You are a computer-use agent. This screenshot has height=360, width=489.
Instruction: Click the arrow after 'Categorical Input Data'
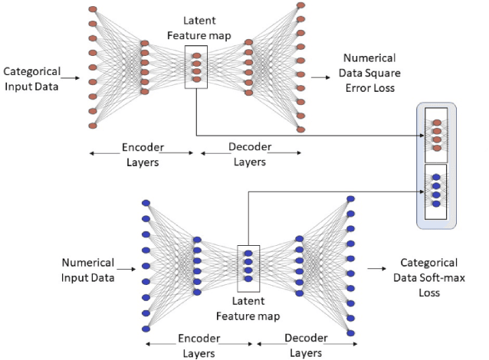(x=71, y=77)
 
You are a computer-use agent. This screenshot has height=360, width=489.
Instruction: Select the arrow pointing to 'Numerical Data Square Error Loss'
(x=317, y=76)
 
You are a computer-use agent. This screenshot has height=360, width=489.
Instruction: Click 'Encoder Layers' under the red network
(x=142, y=155)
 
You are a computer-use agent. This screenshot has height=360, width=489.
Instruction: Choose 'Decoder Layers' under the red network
(x=249, y=155)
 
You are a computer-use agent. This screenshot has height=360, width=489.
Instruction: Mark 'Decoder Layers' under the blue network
(x=306, y=345)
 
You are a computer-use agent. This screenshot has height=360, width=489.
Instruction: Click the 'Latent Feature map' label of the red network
(x=196, y=29)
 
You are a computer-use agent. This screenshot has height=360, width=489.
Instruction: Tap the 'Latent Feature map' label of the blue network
(x=248, y=308)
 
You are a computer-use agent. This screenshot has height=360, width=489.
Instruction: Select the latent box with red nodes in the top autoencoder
(x=196, y=65)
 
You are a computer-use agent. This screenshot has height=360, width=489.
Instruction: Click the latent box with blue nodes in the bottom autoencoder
(x=249, y=265)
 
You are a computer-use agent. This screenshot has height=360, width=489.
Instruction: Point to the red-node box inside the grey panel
(x=436, y=134)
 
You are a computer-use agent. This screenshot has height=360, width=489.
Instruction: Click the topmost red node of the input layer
(x=93, y=10)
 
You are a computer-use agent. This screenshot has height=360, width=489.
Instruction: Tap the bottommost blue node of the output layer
(x=351, y=331)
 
